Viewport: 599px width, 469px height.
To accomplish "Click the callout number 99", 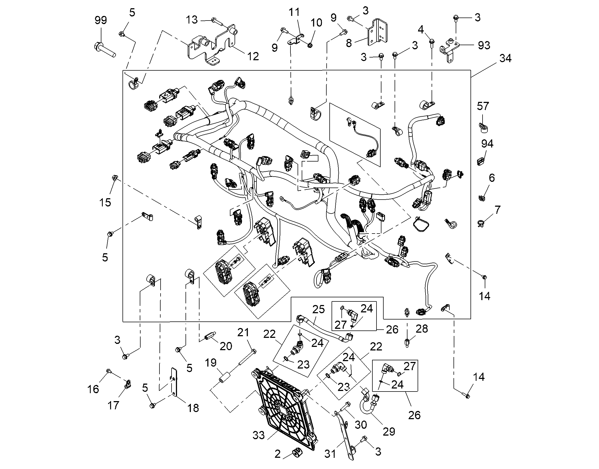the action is pos(101,20).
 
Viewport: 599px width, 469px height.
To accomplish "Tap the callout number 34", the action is pos(505,59).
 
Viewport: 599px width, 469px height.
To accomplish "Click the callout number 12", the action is pos(253,56).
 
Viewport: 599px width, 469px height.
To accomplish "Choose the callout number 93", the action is pos(484,45).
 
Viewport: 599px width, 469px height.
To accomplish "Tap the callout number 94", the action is pos(487,143).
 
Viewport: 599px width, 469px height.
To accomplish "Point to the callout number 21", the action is pos(243,332).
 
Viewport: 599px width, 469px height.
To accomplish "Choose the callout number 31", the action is pos(330,454).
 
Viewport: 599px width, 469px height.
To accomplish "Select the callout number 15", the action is pos(105,202).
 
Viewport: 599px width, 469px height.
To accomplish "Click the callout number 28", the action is pos(422,329).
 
